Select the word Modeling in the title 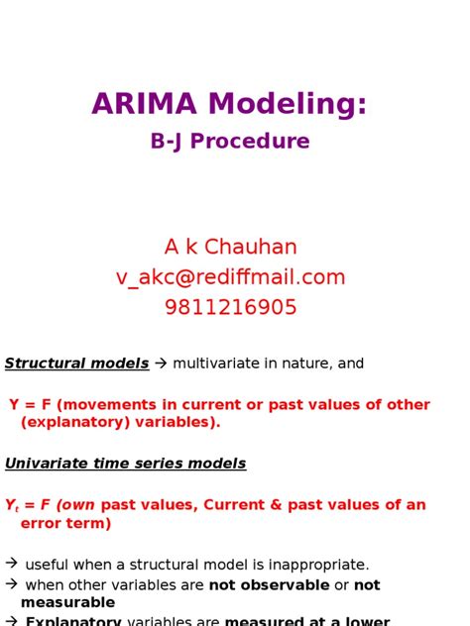pos(288,103)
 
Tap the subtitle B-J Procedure pos(230,142)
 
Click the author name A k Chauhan pos(230,247)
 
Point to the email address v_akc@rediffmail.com pos(230,277)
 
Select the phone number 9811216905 pos(230,308)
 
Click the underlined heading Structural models pos(76,364)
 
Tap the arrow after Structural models pos(161,364)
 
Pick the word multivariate pos(217,364)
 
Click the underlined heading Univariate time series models pos(125,464)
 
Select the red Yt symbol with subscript pos(12,506)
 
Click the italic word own pos(78,505)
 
